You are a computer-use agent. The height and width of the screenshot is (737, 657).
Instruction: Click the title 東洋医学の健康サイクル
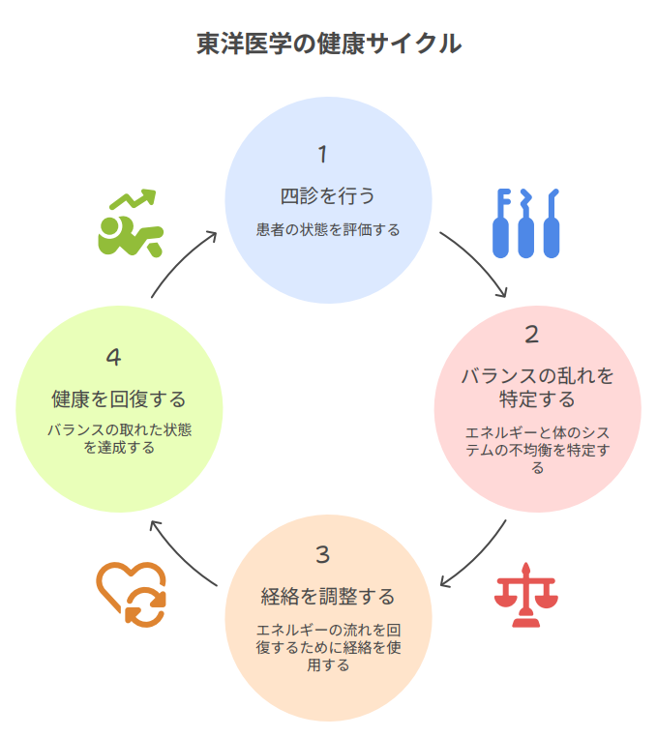328,44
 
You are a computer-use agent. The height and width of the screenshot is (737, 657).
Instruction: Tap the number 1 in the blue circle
323,155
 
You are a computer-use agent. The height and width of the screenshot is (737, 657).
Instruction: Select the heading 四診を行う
327,196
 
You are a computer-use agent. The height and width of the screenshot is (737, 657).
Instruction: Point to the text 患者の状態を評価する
327,230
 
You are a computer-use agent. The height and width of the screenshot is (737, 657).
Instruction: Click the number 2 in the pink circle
531,335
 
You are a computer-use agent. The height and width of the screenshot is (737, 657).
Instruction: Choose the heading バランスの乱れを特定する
537,387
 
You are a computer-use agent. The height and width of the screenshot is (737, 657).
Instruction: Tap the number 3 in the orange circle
323,554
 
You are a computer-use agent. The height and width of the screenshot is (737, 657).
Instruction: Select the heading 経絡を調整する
328,596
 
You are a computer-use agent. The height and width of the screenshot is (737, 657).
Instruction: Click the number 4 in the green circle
114,357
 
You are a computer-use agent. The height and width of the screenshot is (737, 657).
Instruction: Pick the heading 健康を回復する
118,398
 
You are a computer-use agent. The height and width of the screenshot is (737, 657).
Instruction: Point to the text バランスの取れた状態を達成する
119,438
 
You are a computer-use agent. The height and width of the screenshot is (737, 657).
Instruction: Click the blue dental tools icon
526,223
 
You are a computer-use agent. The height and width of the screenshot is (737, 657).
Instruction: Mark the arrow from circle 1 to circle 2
477,261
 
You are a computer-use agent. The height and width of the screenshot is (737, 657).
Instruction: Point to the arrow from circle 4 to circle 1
181,261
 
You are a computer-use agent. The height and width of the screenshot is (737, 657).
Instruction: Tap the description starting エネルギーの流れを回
328,647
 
